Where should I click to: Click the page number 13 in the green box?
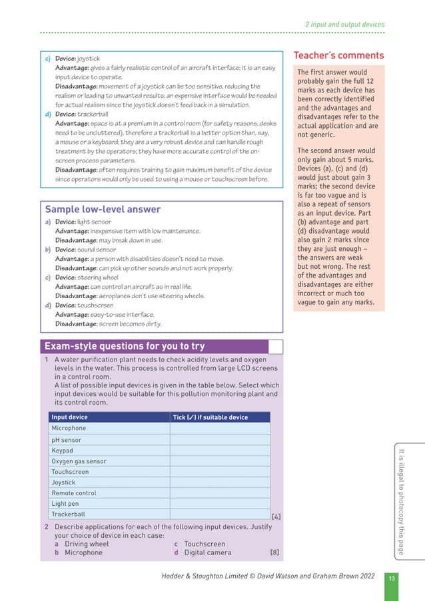392,578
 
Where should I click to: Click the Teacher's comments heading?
338,55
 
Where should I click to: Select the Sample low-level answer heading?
102,209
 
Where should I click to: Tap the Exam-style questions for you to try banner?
125,346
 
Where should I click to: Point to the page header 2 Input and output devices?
344,25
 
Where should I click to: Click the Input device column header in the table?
69,417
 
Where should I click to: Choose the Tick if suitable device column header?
210,417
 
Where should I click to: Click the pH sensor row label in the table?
67,439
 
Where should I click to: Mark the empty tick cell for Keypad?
220,450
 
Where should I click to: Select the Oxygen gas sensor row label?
79,461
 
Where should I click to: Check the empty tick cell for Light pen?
220,504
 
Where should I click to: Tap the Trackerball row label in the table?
68,514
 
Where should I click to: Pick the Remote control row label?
74,493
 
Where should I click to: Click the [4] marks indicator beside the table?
276,516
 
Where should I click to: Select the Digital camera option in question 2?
208,552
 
